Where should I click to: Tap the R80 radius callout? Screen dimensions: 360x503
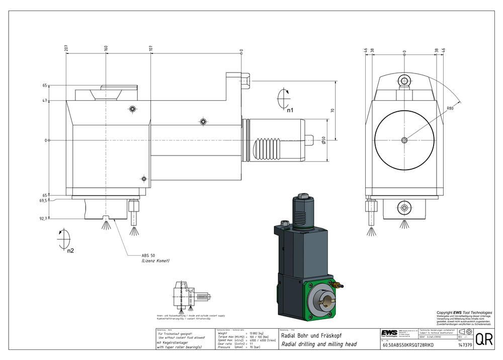(x=450, y=108)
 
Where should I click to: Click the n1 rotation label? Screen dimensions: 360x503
(x=290, y=109)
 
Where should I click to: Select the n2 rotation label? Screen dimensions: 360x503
(x=70, y=250)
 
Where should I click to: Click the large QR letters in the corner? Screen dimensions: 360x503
(x=484, y=339)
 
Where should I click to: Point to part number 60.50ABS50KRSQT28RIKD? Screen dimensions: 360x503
(x=408, y=345)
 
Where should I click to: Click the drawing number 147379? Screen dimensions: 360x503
(x=465, y=345)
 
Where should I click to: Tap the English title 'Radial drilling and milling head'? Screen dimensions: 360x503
(x=318, y=344)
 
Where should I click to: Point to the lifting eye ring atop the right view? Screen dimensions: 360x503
(x=404, y=80)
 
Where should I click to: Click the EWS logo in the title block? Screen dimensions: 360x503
(x=388, y=333)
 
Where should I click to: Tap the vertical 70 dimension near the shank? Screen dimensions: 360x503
(x=332, y=110)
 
